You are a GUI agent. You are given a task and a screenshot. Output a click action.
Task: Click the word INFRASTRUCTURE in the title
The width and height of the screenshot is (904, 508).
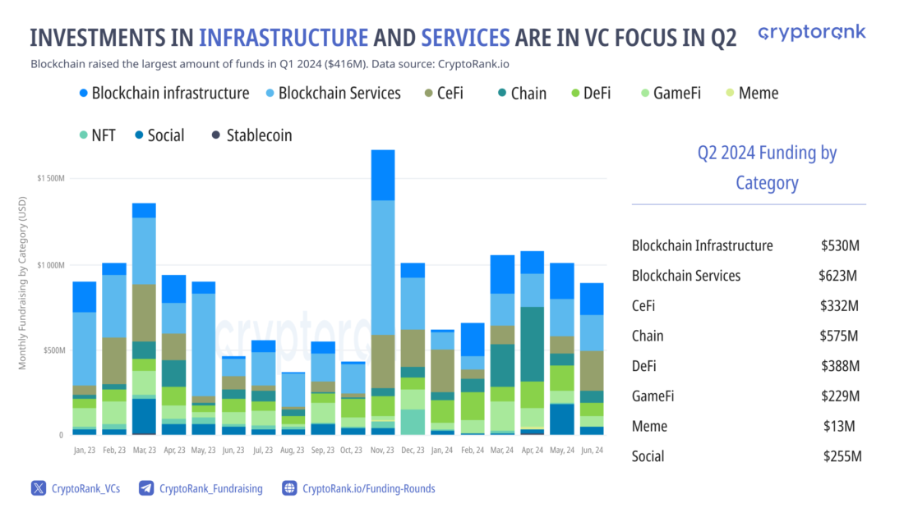pyautogui.click(x=283, y=38)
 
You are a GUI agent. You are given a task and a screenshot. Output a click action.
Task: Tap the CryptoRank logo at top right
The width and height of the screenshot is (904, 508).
pyautogui.click(x=811, y=33)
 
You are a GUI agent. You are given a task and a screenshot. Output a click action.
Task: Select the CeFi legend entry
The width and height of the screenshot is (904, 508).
pyautogui.click(x=444, y=93)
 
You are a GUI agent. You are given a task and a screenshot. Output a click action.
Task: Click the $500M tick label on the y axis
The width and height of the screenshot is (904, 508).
pyautogui.click(x=51, y=350)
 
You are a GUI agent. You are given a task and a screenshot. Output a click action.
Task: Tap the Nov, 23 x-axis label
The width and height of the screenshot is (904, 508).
pyautogui.click(x=382, y=451)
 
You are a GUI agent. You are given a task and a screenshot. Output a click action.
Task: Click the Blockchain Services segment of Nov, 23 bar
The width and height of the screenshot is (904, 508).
pyautogui.click(x=382, y=268)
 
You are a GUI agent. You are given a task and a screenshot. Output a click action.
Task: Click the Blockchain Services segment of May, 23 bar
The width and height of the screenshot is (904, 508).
pyautogui.click(x=204, y=345)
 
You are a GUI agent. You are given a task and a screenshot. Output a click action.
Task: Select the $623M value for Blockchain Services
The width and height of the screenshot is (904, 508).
pyautogui.click(x=837, y=276)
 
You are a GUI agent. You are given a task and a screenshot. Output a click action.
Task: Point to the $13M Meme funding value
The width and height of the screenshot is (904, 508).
pyautogui.click(x=840, y=426)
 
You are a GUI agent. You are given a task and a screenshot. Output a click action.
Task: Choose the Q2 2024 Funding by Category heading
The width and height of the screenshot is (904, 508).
pyautogui.click(x=766, y=167)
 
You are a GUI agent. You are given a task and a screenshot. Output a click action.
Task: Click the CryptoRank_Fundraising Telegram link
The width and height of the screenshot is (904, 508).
pyautogui.click(x=201, y=488)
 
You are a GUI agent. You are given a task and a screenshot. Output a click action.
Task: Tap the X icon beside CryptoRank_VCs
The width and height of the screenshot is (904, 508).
pyautogui.click(x=39, y=488)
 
